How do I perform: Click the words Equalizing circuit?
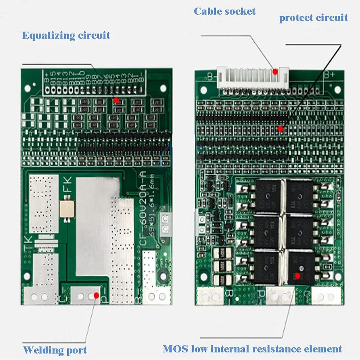point(66,35)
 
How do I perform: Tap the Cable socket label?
point(225,11)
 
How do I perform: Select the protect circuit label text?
point(313,18)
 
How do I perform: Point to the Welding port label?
point(55,350)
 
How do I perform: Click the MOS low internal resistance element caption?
point(252,348)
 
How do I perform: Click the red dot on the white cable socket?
point(275,72)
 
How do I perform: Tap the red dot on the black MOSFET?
point(297,276)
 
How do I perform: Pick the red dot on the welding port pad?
point(96,295)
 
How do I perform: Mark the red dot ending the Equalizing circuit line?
point(116,100)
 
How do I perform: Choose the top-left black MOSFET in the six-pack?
point(267,197)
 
